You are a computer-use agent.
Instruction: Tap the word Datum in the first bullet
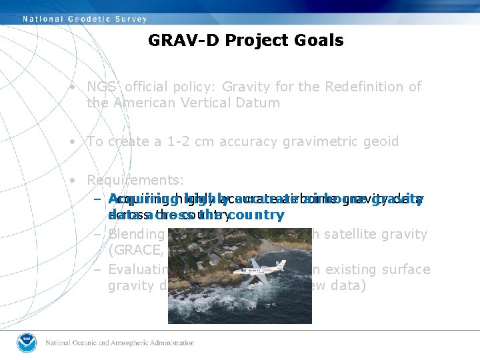pyautogui.click(x=261, y=103)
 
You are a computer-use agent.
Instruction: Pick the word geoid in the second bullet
pyautogui.click(x=381, y=141)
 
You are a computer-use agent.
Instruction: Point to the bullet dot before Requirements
pyautogui.click(x=78, y=181)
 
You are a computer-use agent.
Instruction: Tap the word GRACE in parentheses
pyautogui.click(x=131, y=250)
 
